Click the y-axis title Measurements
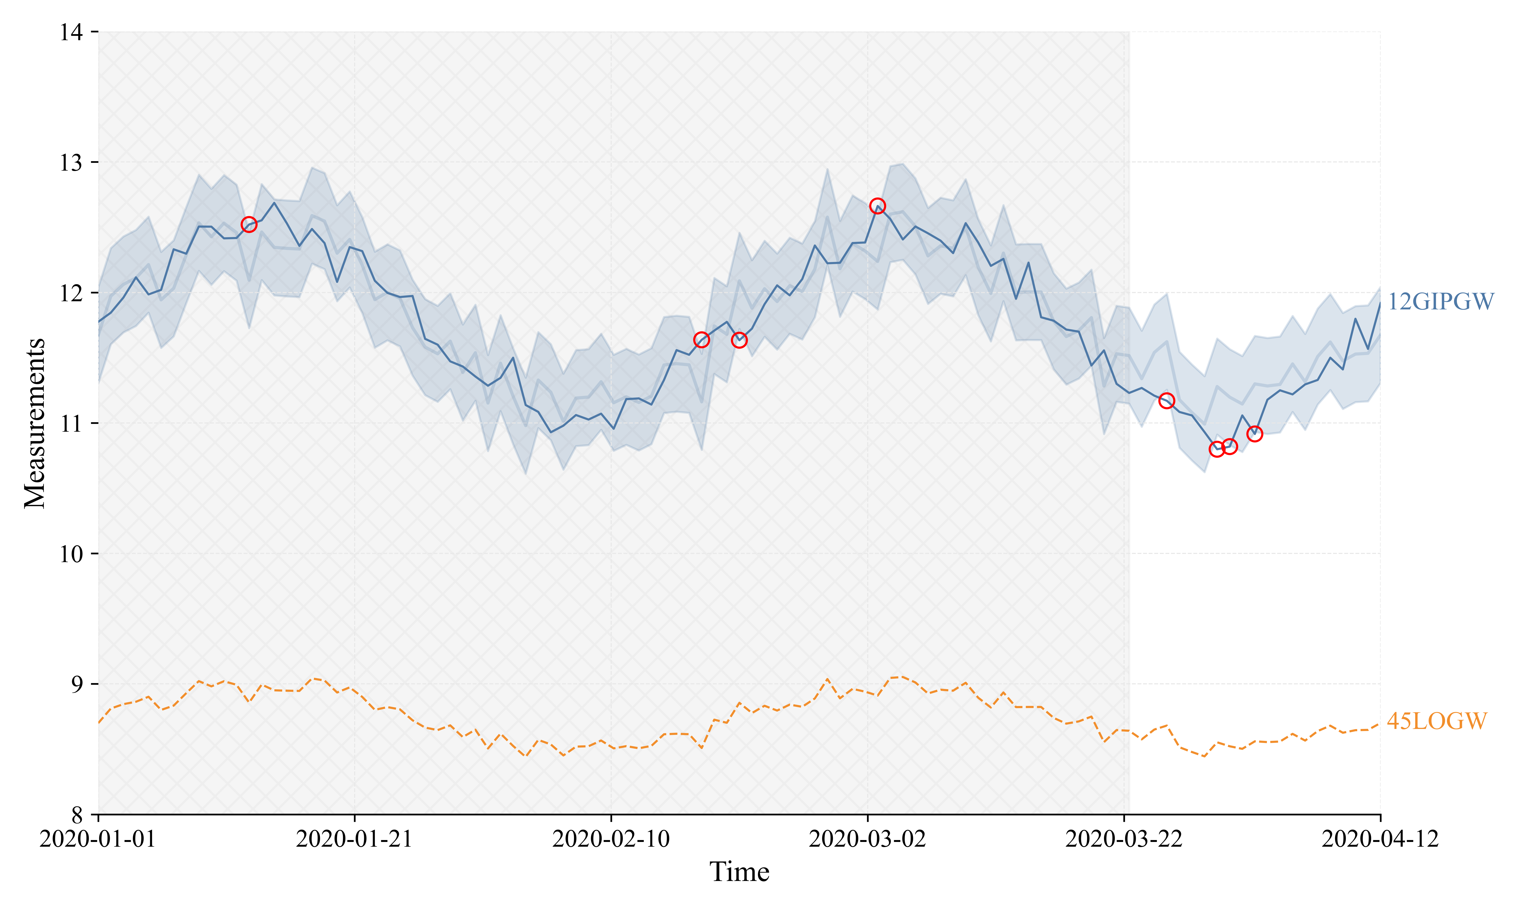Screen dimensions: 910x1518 35,423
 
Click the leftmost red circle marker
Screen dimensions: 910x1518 249,224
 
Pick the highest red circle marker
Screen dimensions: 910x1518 877,206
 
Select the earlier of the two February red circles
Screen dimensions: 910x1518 701,340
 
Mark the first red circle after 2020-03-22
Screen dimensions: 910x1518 1166,400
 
